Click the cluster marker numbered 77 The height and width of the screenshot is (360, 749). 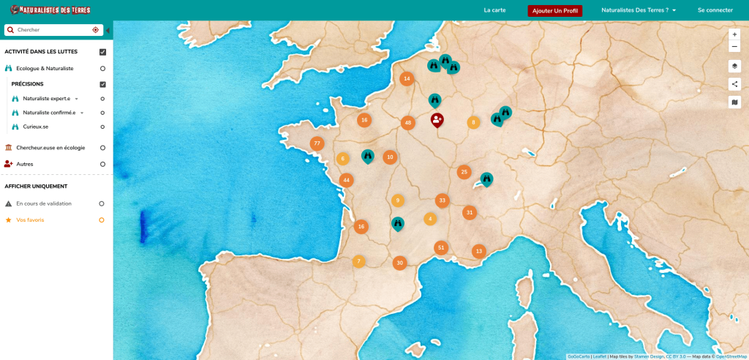[317, 143]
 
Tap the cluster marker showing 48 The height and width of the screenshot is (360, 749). [408, 122]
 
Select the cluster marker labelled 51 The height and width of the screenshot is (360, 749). [440, 247]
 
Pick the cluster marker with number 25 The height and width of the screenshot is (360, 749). [464, 172]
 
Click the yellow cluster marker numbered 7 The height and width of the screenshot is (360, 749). [358, 261]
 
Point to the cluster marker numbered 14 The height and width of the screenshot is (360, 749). [407, 79]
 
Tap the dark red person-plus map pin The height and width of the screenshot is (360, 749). [437, 119]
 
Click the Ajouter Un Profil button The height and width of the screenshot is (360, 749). [554, 11]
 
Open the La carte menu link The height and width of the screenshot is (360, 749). [494, 10]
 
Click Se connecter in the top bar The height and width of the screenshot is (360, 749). [715, 10]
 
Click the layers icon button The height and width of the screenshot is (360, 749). [734, 66]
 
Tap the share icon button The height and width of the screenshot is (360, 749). [734, 83]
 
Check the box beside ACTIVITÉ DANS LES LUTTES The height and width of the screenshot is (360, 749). [103, 52]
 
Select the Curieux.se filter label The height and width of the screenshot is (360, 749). [36, 127]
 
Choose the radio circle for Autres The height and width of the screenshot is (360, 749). [102, 164]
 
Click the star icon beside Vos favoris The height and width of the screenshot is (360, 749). [9, 220]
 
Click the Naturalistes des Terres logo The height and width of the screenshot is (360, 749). [50, 10]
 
